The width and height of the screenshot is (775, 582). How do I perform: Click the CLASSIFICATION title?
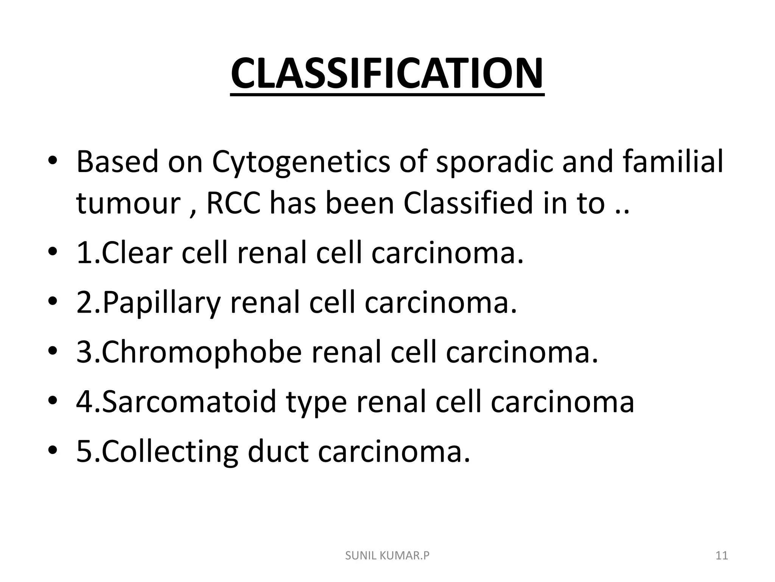click(x=387, y=74)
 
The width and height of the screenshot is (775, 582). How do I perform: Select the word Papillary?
click(x=161, y=303)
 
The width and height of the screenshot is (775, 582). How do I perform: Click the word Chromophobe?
click(x=201, y=352)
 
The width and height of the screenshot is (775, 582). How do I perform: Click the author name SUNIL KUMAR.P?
click(x=387, y=555)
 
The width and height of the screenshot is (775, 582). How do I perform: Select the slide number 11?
click(x=722, y=555)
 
